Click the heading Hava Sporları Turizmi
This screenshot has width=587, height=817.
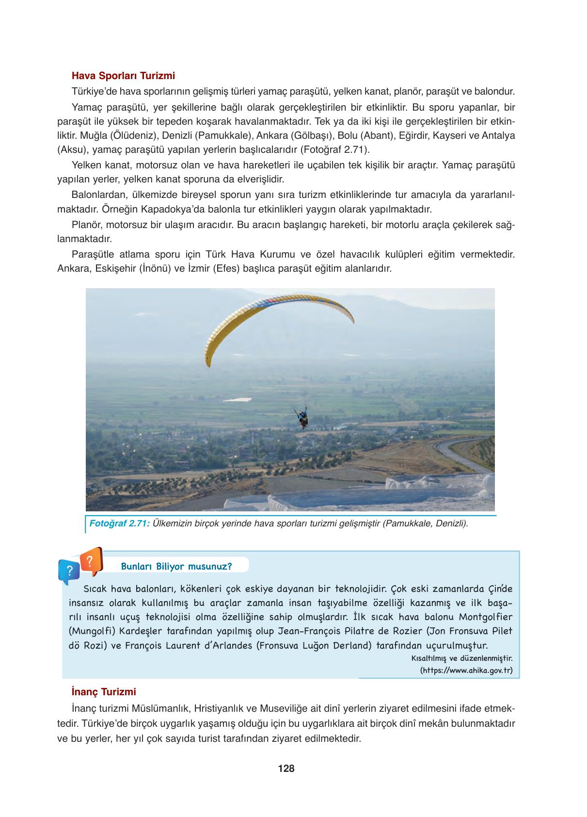point(123,76)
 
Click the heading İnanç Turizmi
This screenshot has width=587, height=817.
point(103,691)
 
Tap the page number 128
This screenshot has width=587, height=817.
point(286,768)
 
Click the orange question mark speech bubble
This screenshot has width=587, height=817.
point(91,561)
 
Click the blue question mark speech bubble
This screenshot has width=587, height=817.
point(69,571)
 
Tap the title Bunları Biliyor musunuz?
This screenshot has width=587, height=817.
point(176,566)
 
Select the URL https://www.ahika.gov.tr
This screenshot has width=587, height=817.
point(466,670)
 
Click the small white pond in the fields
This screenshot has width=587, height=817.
point(240,399)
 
